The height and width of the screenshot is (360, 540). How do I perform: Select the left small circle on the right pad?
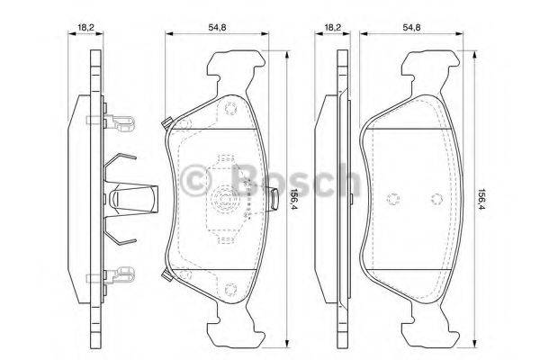[x=393, y=199]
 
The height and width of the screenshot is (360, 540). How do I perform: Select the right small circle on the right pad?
[x=435, y=199]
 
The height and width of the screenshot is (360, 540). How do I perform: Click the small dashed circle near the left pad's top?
[x=228, y=112]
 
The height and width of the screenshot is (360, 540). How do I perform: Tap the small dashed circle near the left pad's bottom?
[x=228, y=288]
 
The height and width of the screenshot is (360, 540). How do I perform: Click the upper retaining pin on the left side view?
[x=121, y=119]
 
